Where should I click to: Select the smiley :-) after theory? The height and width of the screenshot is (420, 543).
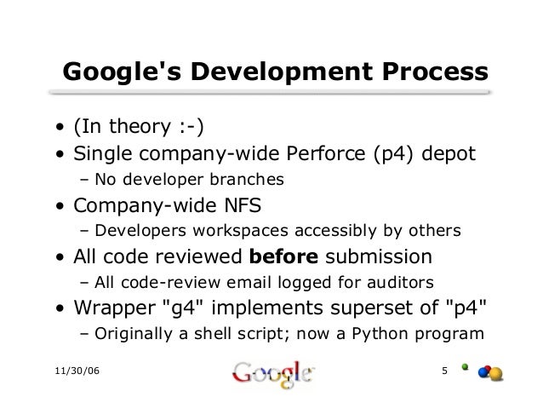(x=189, y=129)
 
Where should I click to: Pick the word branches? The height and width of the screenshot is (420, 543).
(x=247, y=181)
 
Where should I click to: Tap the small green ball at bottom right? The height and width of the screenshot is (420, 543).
(x=466, y=368)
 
